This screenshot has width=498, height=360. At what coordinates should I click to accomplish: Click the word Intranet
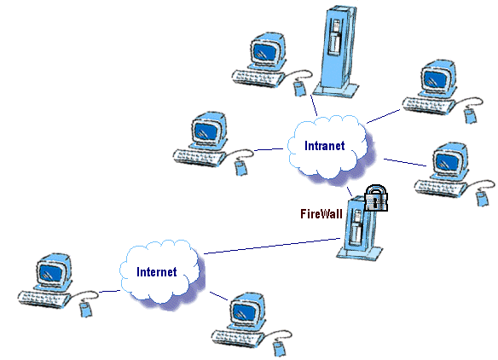[324, 146]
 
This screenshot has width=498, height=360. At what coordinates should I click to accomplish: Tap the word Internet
[157, 271]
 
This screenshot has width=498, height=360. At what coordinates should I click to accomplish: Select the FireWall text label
[321, 214]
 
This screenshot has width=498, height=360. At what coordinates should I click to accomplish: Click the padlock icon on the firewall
[376, 198]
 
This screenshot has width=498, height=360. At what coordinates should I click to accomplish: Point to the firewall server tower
[359, 229]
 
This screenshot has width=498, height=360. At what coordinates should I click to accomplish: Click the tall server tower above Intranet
[337, 51]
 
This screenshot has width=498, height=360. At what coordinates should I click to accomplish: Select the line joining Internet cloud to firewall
[272, 246]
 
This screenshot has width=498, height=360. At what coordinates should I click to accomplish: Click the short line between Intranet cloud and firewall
[350, 192]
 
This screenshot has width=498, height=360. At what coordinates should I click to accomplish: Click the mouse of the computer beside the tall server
[300, 88]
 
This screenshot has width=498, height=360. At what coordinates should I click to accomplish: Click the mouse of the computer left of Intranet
[241, 167]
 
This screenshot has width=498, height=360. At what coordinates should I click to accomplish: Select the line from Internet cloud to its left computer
[109, 291]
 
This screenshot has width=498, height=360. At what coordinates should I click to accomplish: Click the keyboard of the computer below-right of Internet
[238, 339]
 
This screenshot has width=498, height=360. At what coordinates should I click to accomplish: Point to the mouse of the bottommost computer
[280, 349]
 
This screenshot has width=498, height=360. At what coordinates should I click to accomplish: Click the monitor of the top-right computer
[439, 78]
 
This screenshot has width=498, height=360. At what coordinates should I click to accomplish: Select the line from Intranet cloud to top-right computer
[384, 116]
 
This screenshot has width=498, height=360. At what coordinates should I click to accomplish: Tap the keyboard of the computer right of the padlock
[441, 189]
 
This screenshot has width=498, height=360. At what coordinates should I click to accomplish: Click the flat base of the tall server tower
[336, 90]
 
